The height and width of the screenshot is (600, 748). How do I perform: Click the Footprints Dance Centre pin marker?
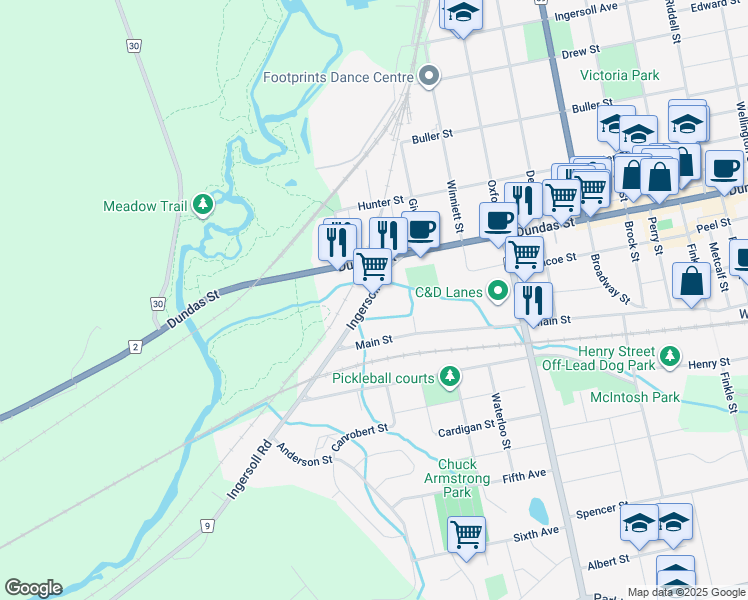pos(430,77)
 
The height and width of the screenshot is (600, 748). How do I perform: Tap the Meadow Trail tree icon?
pos(204,205)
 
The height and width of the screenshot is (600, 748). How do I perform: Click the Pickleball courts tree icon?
pos(451,377)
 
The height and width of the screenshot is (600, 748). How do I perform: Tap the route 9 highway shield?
pos(207,525)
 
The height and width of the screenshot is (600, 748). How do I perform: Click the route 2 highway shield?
pos(134,347)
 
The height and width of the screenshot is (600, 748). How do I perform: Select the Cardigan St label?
pos(467,428)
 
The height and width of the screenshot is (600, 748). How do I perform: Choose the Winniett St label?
pos(455,206)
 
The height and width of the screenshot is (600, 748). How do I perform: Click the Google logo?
pos(33,588)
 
